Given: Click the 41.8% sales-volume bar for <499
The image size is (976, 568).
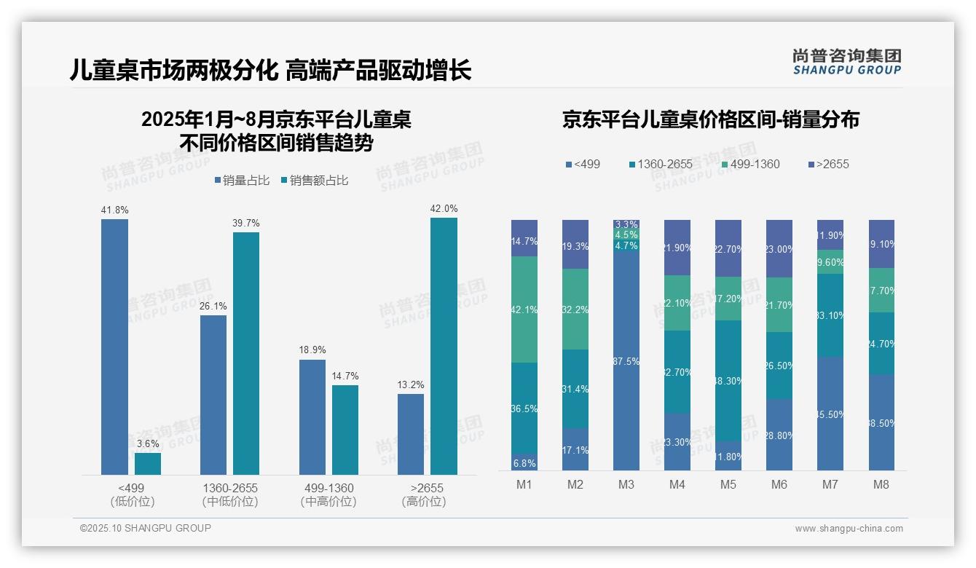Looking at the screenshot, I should [x=114, y=347].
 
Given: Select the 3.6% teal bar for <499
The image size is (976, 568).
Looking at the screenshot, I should [x=148, y=464].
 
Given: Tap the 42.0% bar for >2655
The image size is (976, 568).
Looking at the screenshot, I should [x=444, y=346].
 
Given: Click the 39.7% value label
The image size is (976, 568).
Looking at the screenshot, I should [x=246, y=223].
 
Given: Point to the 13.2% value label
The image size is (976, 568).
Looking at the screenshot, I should [x=411, y=384].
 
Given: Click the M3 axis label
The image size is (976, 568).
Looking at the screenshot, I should [x=626, y=485].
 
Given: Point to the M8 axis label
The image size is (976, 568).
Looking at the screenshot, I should [x=881, y=485].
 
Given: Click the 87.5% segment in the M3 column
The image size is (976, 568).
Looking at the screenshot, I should [x=626, y=361].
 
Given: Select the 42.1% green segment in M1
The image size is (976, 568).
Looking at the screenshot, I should [x=524, y=309].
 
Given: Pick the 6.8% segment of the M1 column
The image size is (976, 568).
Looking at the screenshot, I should [x=524, y=462].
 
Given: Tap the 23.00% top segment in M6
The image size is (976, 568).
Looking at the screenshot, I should [x=779, y=248].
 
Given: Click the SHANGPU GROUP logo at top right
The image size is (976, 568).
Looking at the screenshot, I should [x=846, y=62].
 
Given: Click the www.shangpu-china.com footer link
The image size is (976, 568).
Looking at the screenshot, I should [x=849, y=529].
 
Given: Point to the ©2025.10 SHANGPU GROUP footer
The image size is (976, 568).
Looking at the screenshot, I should [x=146, y=528].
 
